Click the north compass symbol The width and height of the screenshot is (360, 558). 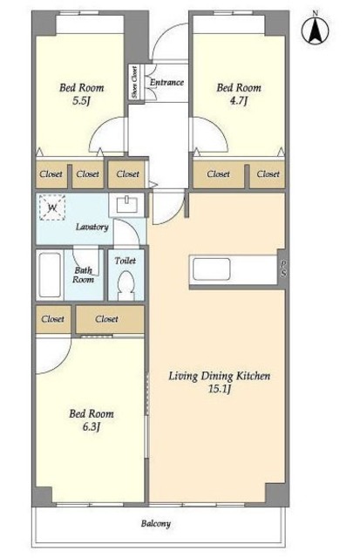(x=316, y=31)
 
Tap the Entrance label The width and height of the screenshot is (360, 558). (x=166, y=82)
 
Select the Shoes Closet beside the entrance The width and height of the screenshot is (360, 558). (x=135, y=82)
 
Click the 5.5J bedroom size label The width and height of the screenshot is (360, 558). (x=81, y=101)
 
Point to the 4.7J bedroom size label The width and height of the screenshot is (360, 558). (x=238, y=101)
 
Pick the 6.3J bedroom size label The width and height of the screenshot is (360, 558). (x=92, y=426)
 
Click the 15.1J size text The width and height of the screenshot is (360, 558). (x=220, y=389)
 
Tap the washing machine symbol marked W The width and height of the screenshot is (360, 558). (x=52, y=208)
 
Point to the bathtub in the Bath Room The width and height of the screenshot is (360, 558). (x=50, y=275)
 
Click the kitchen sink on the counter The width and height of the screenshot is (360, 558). (x=211, y=269)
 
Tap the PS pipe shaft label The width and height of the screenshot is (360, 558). (x=283, y=269)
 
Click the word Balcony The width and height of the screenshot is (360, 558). (x=156, y=523)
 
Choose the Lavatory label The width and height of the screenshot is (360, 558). (x=92, y=227)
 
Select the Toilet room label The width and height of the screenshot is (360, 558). (x=126, y=261)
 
